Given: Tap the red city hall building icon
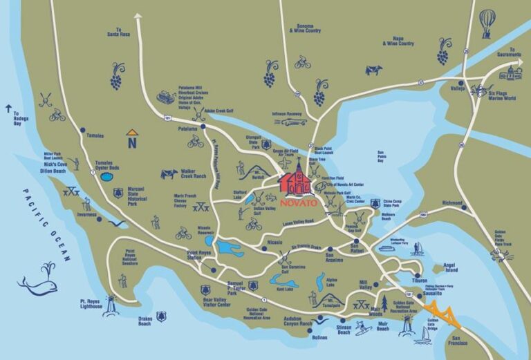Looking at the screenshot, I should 296,180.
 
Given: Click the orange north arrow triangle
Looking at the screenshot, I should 131,132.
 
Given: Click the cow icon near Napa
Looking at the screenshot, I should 373,69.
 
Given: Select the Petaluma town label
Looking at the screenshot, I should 188,129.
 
